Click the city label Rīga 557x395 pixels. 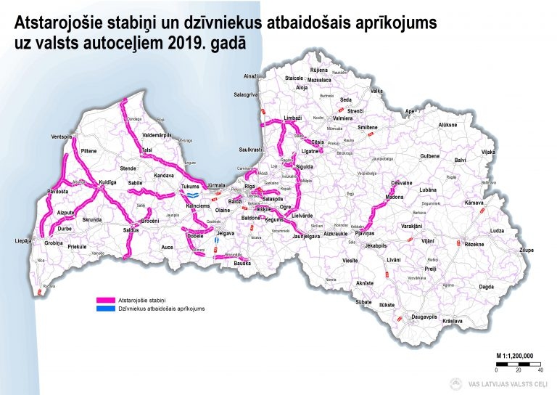pyautogui.click(x=249, y=187)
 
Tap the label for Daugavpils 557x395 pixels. pyautogui.click(x=425, y=317)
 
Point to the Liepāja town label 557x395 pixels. pyautogui.click(x=23, y=240)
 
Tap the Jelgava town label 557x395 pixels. pyautogui.click(x=226, y=233)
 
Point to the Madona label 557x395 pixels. pyautogui.click(x=394, y=197)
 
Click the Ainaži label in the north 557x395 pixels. pyautogui.click(x=251, y=76)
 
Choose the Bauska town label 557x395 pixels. pyautogui.click(x=242, y=263)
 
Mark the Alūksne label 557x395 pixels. pyautogui.click(x=448, y=125)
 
